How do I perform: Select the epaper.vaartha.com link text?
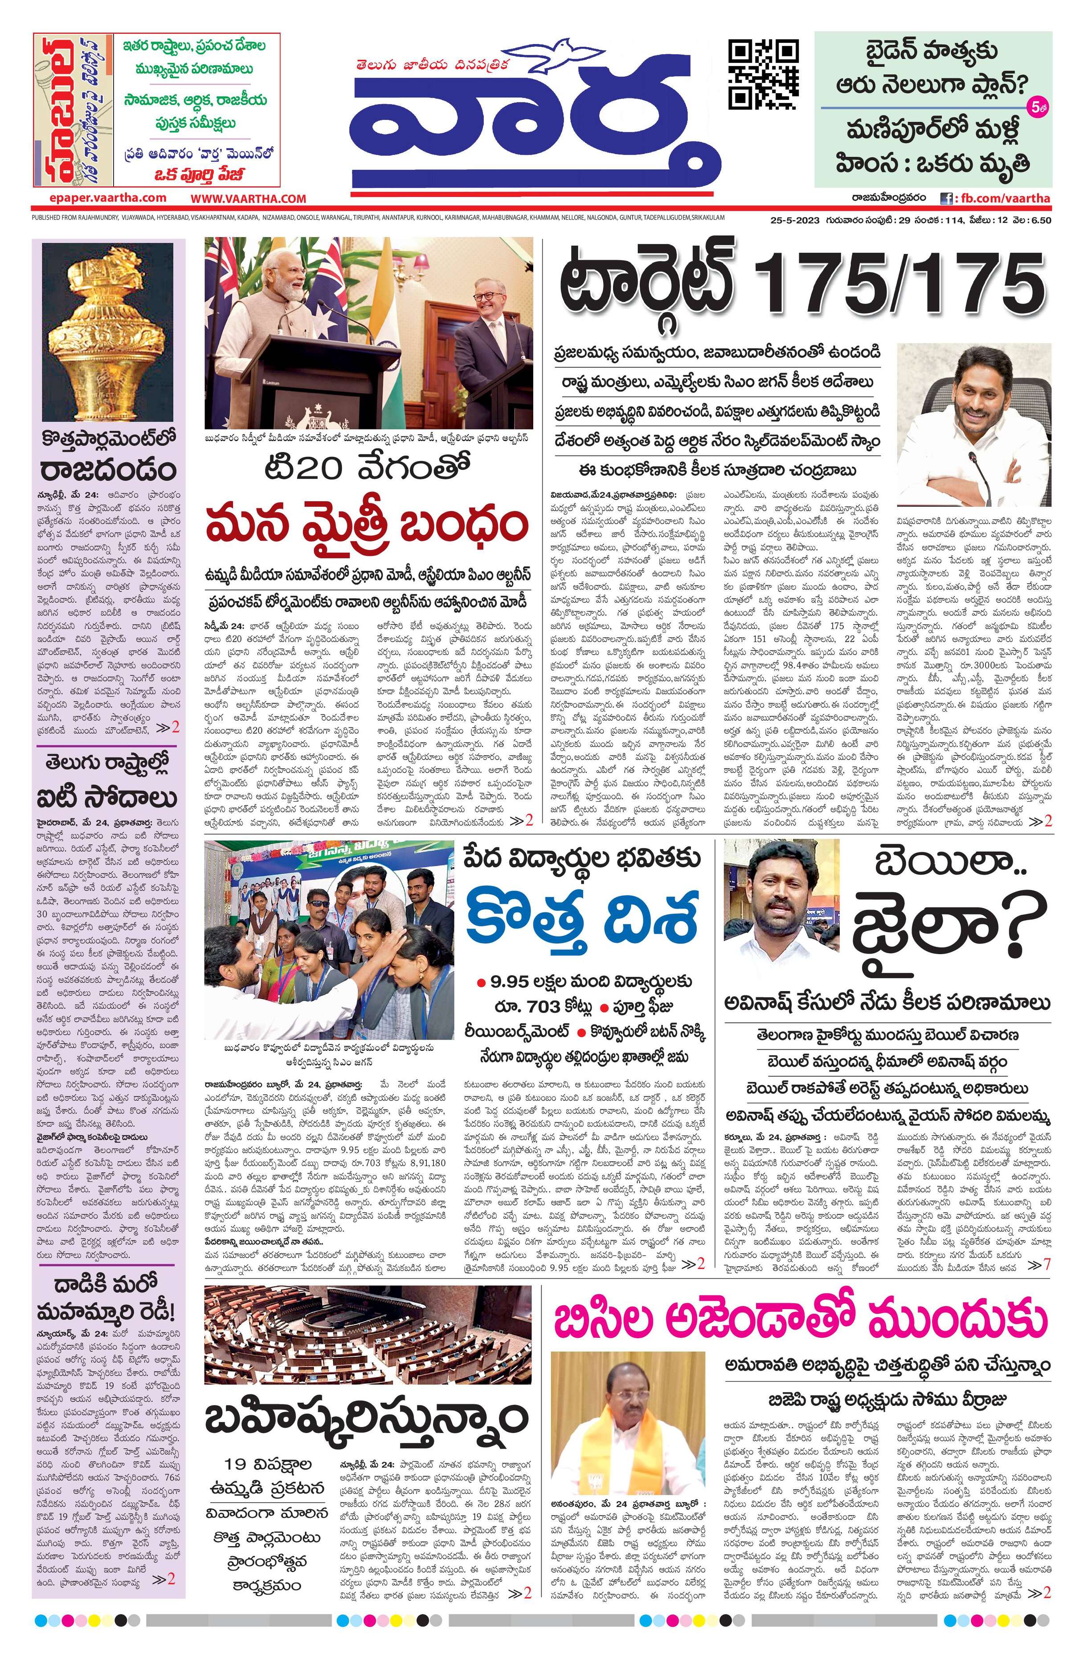tap(98, 198)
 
